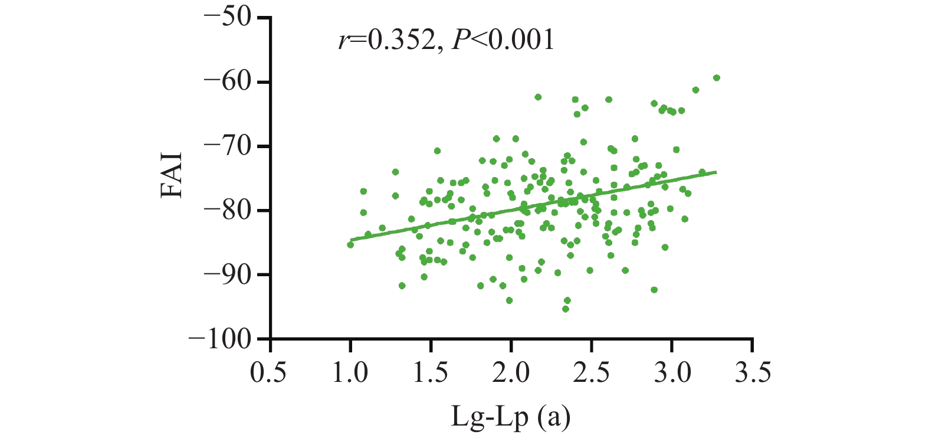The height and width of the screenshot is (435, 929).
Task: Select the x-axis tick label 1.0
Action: (x=351, y=373)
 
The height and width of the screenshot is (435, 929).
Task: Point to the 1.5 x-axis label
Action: (x=431, y=373)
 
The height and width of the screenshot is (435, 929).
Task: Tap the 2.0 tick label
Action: (x=511, y=373)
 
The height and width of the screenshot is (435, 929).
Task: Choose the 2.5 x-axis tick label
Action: (x=592, y=373)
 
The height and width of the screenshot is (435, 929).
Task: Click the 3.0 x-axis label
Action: (x=672, y=373)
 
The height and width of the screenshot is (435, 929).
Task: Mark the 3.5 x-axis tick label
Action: (x=753, y=373)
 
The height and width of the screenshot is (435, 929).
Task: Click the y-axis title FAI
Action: (x=172, y=175)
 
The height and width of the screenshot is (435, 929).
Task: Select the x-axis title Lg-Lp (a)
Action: (x=511, y=417)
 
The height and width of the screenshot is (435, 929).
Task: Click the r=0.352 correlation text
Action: (x=386, y=40)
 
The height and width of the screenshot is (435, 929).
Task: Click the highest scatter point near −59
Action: (x=717, y=78)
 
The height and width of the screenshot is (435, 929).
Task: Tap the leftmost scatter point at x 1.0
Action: (x=350, y=244)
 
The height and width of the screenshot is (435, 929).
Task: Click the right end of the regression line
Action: (x=716, y=172)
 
